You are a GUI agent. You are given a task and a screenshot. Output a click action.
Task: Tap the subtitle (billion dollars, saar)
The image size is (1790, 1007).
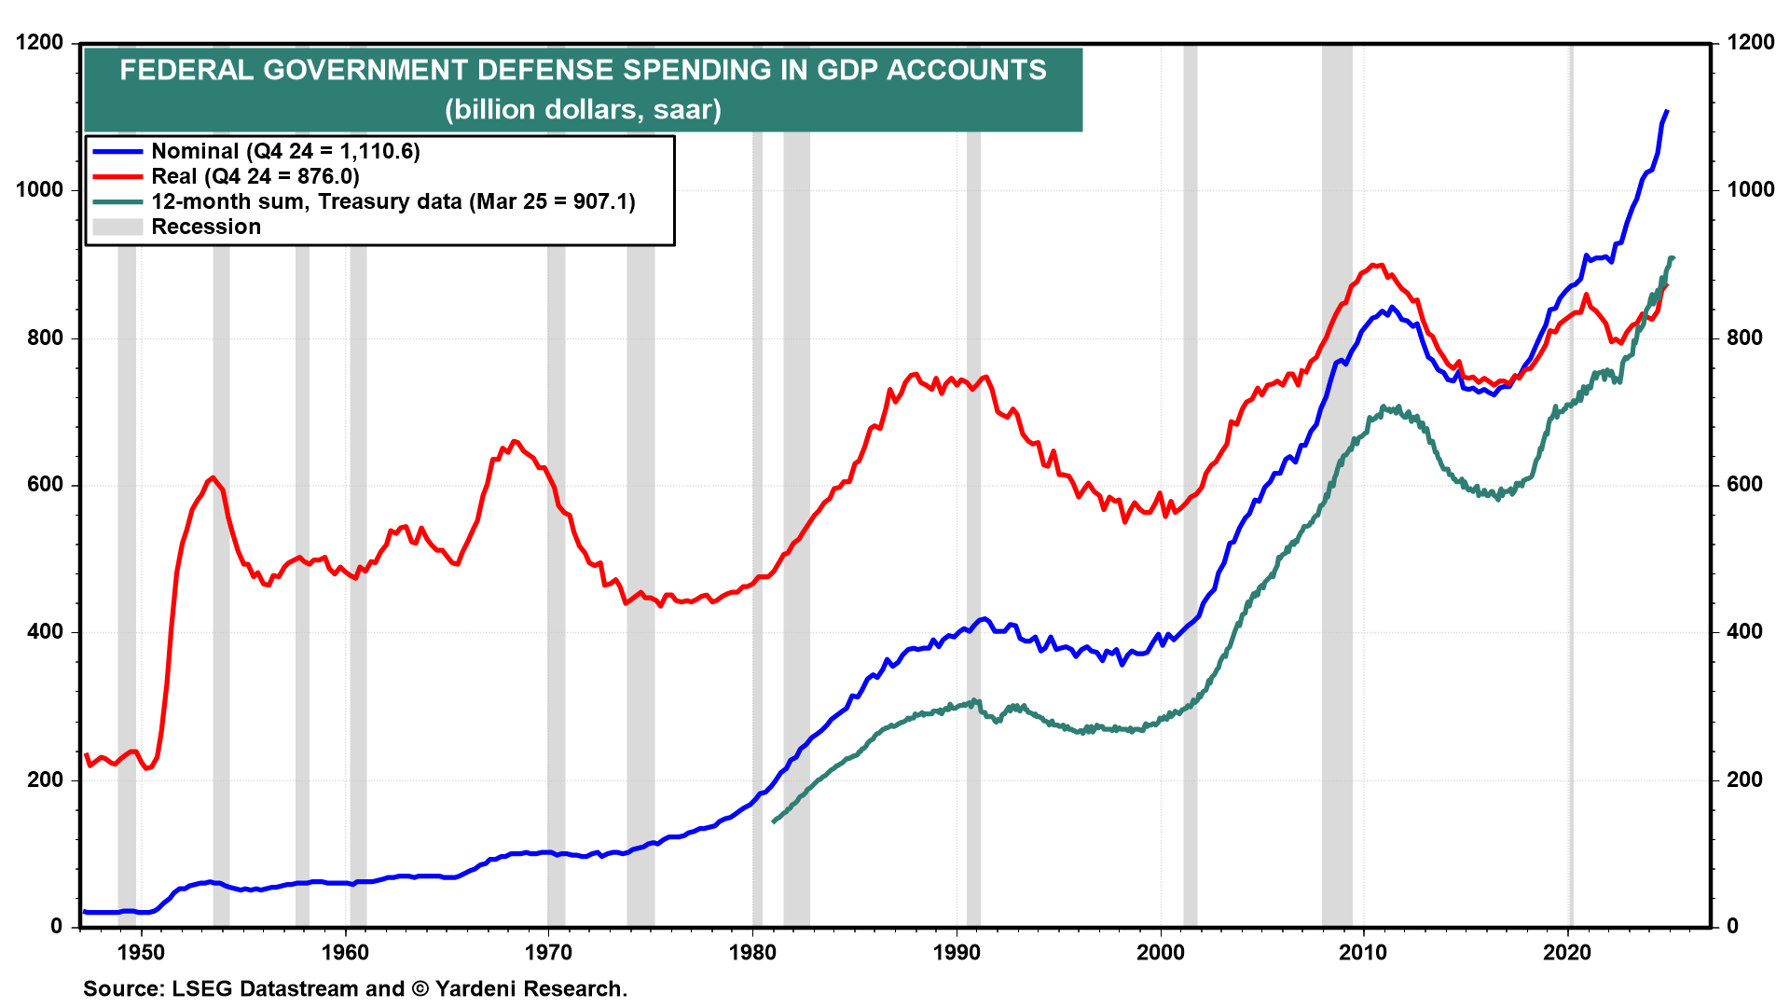click(583, 110)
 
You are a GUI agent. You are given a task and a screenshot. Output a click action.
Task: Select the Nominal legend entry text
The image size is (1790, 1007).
click(285, 151)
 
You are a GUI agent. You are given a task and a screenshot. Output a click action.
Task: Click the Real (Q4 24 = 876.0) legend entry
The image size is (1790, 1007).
click(255, 176)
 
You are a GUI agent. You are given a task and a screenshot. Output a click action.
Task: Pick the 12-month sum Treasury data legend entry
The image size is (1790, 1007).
click(392, 201)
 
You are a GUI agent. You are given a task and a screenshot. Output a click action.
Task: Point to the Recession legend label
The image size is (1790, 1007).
click(206, 227)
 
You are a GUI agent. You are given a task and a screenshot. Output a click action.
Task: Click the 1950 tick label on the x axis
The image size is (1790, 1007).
click(142, 952)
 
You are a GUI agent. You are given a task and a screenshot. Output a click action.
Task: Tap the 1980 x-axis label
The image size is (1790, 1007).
click(753, 952)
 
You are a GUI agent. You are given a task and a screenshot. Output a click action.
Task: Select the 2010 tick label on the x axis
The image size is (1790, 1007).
click(1364, 952)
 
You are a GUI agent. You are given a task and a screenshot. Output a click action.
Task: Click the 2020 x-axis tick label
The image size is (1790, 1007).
click(1568, 952)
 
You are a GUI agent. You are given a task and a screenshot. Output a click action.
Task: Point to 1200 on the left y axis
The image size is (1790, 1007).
click(40, 42)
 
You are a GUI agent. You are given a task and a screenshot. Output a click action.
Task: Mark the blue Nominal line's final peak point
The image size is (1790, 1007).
click(1667, 111)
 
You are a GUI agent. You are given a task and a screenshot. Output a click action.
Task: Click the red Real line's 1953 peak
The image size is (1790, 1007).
click(213, 477)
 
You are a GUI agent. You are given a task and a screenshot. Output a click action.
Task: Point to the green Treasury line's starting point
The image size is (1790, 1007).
click(773, 821)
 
